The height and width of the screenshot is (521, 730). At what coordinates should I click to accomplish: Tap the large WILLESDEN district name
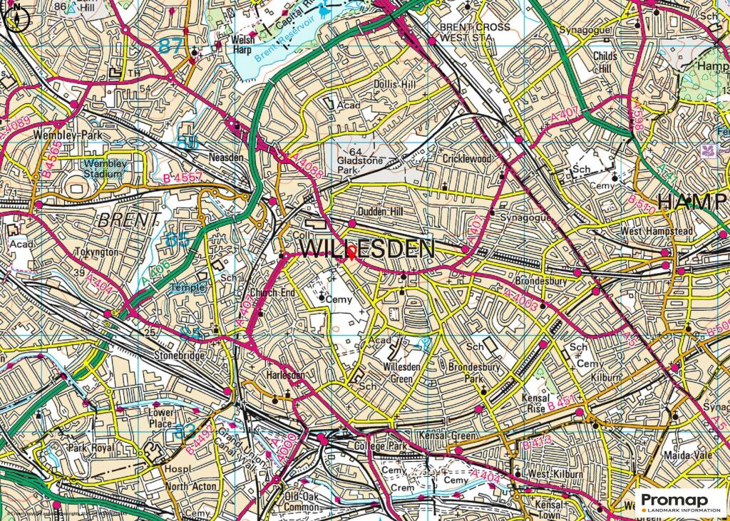tap(367, 249)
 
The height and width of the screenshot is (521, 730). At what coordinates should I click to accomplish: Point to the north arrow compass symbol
tap(16, 17)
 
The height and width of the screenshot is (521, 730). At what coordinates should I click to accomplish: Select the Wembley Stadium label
tap(106, 168)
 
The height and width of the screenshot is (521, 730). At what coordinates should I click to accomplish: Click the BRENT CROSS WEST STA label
tap(475, 32)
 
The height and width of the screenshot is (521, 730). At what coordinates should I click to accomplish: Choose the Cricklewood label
tap(467, 159)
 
